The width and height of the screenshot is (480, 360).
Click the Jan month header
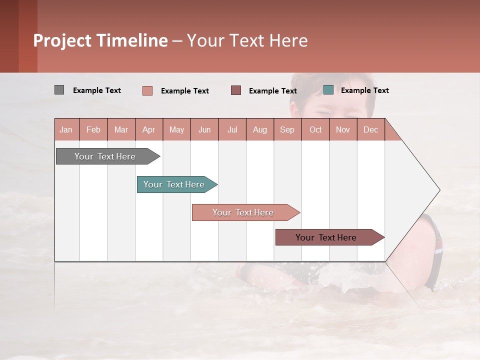66,129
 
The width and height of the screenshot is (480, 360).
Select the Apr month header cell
149,129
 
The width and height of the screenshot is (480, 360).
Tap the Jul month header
232,129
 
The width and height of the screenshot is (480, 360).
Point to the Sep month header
287,129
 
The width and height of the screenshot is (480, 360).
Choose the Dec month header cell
371,129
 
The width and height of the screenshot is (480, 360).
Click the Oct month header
315,129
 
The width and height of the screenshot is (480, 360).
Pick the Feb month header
93,129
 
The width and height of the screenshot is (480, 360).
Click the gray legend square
59,90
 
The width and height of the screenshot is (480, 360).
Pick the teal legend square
328,90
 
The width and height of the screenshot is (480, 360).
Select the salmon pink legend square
147,90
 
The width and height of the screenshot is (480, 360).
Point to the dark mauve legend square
236,90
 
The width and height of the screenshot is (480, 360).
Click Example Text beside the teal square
364,90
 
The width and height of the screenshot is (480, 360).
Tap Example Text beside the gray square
97,90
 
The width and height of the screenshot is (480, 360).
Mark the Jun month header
204,129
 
